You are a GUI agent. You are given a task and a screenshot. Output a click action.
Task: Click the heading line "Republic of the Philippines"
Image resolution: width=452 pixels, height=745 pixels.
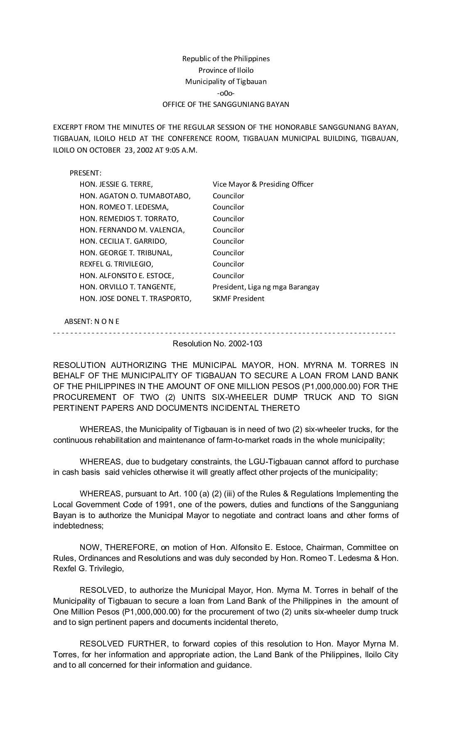pos(226,59)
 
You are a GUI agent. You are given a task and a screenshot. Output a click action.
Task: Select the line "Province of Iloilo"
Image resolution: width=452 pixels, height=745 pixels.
pos(226,70)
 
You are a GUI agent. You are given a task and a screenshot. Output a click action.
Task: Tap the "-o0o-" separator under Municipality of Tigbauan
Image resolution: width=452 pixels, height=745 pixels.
pos(226,93)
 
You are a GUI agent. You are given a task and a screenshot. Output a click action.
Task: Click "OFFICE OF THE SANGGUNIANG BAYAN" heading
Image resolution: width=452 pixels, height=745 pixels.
pos(226,104)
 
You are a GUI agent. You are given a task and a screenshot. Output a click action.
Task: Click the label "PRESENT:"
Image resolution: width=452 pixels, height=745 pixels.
pos(85,173)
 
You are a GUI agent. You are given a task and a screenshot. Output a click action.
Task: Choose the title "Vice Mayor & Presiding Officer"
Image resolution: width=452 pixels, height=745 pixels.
pos(263,184)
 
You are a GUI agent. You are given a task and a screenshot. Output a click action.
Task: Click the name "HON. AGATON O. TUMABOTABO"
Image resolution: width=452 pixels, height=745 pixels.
pos(135,196)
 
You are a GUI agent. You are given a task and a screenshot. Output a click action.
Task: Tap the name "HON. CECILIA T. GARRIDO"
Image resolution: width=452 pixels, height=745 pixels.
pos(123,241)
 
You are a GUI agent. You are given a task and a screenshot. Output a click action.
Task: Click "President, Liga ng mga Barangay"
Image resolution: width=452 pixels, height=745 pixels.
pos(265,287)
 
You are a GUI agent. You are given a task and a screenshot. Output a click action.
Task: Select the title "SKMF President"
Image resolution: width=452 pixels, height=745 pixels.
pos(238,298)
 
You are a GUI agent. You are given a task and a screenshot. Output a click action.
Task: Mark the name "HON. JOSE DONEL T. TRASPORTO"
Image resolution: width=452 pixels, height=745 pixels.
pos(135,298)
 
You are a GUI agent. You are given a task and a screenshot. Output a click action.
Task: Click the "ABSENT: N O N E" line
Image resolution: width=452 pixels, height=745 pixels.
pos(92,321)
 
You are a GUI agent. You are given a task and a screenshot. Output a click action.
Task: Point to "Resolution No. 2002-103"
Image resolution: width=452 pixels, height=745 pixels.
pos(217,344)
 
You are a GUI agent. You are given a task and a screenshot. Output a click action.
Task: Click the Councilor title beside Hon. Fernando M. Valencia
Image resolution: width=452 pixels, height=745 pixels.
pos(228,230)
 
